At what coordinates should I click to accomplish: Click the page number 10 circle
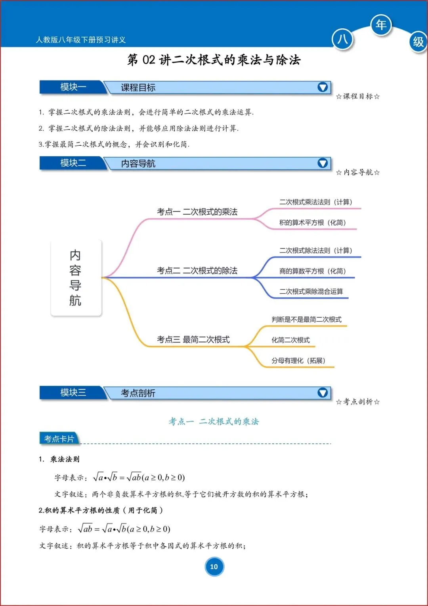tap(214, 567)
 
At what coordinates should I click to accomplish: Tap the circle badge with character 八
tap(342, 39)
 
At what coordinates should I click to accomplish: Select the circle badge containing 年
tap(381, 25)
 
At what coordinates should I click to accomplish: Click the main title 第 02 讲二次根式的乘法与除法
tap(214, 60)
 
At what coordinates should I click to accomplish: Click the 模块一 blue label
tap(73, 87)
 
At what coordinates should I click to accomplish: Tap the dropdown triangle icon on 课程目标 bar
tap(323, 87)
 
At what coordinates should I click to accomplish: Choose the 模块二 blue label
tap(73, 163)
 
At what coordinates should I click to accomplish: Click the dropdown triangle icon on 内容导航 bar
tap(323, 163)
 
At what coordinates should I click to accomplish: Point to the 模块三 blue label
tap(73, 392)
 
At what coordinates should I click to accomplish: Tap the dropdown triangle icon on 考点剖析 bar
tap(323, 392)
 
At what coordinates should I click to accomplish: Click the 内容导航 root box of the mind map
tap(76, 278)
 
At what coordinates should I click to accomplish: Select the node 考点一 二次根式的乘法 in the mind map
tap(197, 212)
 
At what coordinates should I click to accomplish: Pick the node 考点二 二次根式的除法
tap(197, 271)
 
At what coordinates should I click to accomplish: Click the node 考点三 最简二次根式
tap(193, 340)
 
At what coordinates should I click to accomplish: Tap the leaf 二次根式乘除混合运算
tap(311, 291)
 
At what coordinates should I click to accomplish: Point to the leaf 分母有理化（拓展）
tap(298, 360)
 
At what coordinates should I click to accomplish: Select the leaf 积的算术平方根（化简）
tap(312, 223)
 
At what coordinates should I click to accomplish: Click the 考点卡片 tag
tap(59, 439)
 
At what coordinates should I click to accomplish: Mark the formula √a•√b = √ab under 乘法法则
tap(139, 477)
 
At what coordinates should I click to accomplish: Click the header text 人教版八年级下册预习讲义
tap(81, 40)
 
